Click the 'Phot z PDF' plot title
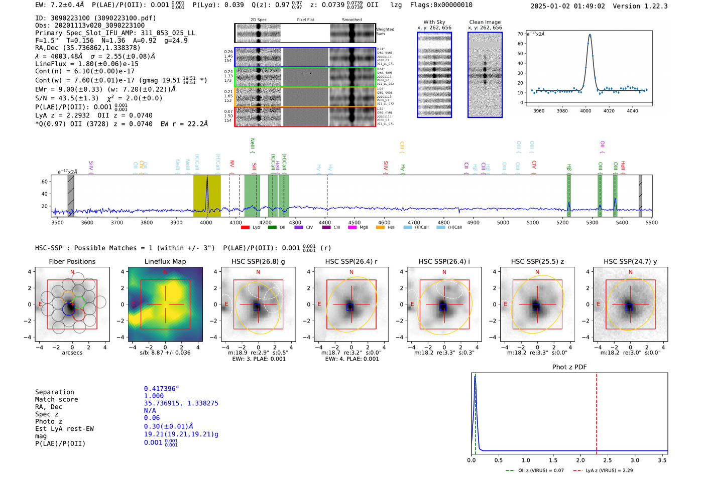click(569, 367)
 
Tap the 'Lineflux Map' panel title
click(165, 261)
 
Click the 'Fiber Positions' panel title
click(72, 261)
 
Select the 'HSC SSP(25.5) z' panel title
click(537, 261)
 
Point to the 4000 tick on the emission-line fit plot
click(585, 111)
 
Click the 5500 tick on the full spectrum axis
click(651, 223)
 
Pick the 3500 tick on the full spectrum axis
click(58, 223)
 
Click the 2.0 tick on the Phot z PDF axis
click(580, 460)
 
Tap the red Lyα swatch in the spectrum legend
click(245, 228)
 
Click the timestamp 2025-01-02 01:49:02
click(567, 7)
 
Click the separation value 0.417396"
click(162, 389)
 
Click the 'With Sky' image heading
click(434, 22)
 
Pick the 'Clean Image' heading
click(485, 22)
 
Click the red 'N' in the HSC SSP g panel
click(258, 272)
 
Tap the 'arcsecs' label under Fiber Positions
click(72, 353)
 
